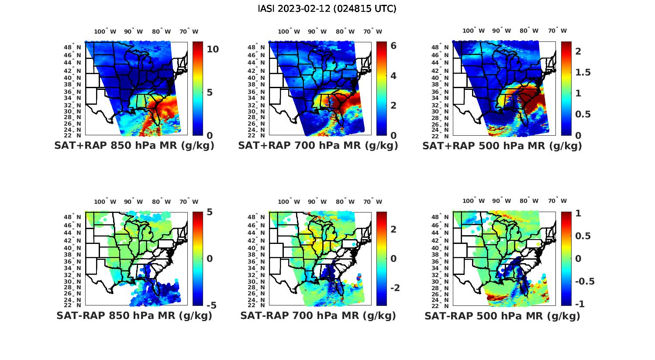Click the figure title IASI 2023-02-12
click(327, 9)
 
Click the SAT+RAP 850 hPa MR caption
click(134, 146)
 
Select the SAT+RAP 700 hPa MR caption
click(318, 146)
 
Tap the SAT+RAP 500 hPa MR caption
click(502, 146)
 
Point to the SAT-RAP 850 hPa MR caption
click(134, 315)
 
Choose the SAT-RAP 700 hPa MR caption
click(318, 315)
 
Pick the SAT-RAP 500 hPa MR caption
click(502, 315)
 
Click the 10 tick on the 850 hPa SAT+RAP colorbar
click(213, 49)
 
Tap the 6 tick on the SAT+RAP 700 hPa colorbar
click(393, 46)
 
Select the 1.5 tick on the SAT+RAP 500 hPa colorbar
click(583, 72)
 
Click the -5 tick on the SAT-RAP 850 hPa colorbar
click(211, 305)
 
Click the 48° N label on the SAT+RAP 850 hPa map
click(73, 47)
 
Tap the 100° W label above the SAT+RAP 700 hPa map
click(289, 31)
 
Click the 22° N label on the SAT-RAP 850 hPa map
click(73, 305)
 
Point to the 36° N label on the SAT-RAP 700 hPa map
click(257, 261)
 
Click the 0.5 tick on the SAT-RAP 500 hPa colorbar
click(583, 236)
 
